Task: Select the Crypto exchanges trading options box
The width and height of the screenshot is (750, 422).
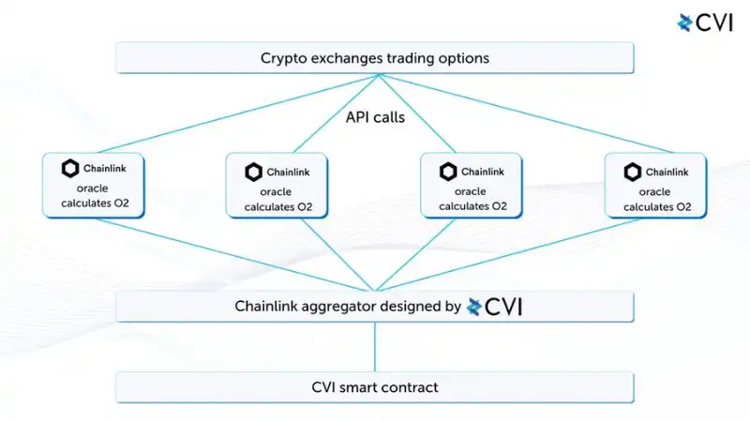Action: click(x=375, y=58)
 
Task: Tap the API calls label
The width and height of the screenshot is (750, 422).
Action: click(x=374, y=119)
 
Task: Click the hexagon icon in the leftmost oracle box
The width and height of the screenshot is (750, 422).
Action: click(x=70, y=169)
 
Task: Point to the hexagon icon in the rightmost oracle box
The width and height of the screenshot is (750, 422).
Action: click(x=633, y=172)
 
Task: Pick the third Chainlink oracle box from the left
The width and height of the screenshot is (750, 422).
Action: click(x=470, y=186)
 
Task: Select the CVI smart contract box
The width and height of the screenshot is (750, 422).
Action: click(x=375, y=387)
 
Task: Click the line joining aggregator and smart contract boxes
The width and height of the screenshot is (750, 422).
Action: click(x=375, y=347)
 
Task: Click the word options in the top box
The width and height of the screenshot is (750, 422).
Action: click(x=460, y=58)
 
